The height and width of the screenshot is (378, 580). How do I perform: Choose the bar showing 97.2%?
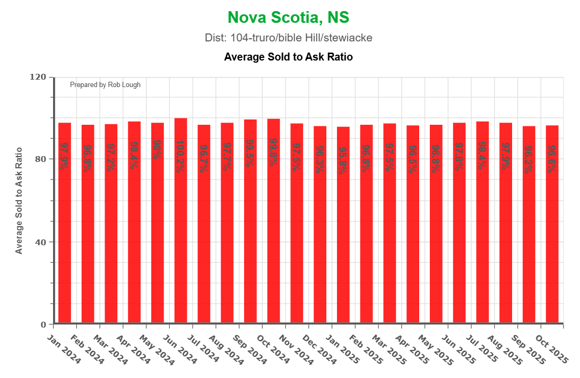click(111, 223)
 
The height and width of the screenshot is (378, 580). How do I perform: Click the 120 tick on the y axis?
click(38, 77)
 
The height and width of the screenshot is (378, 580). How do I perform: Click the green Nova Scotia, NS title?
click(288, 18)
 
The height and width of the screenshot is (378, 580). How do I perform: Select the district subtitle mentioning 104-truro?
click(288, 38)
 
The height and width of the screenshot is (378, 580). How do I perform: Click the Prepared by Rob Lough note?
click(105, 85)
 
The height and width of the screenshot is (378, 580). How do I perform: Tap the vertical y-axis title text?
click(19, 201)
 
